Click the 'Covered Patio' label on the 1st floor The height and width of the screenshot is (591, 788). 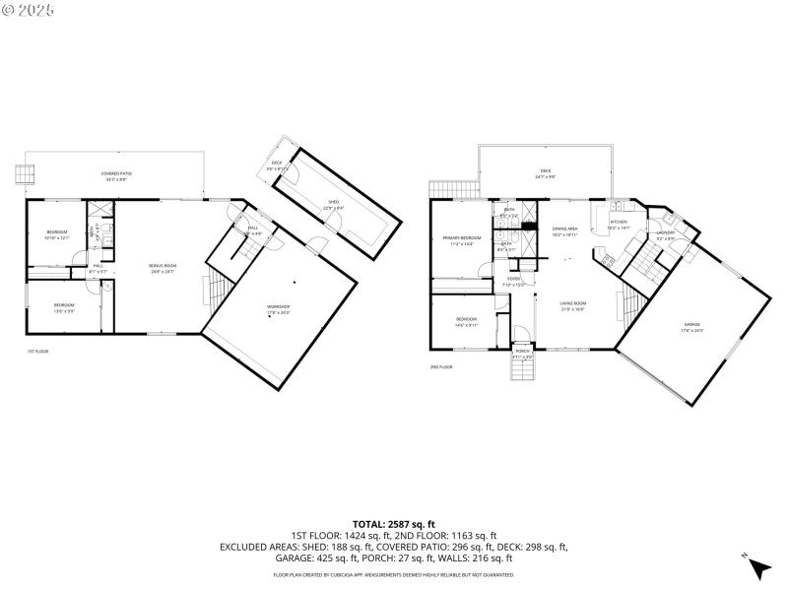(x=116, y=173)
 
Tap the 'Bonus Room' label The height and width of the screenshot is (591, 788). (x=162, y=266)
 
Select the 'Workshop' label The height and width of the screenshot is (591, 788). (x=279, y=307)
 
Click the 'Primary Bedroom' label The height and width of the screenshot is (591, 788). (x=461, y=238)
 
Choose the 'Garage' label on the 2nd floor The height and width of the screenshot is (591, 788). (x=692, y=325)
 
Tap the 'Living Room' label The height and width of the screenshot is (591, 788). (x=573, y=303)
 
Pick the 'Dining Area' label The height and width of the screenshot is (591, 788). (x=564, y=229)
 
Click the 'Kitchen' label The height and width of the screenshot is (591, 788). (x=619, y=223)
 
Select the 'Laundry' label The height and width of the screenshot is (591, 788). (x=666, y=233)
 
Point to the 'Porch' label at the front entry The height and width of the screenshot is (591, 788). (x=522, y=351)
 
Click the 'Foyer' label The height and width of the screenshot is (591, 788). (x=514, y=279)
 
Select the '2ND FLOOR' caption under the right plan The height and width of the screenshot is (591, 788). (x=440, y=366)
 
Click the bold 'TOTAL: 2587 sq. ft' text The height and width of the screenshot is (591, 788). (x=394, y=524)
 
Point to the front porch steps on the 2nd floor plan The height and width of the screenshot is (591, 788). (x=522, y=369)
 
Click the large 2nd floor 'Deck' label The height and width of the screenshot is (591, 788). (x=545, y=172)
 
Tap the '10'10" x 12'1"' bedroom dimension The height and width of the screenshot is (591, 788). (x=56, y=237)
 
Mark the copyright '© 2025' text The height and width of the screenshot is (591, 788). (x=30, y=9)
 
